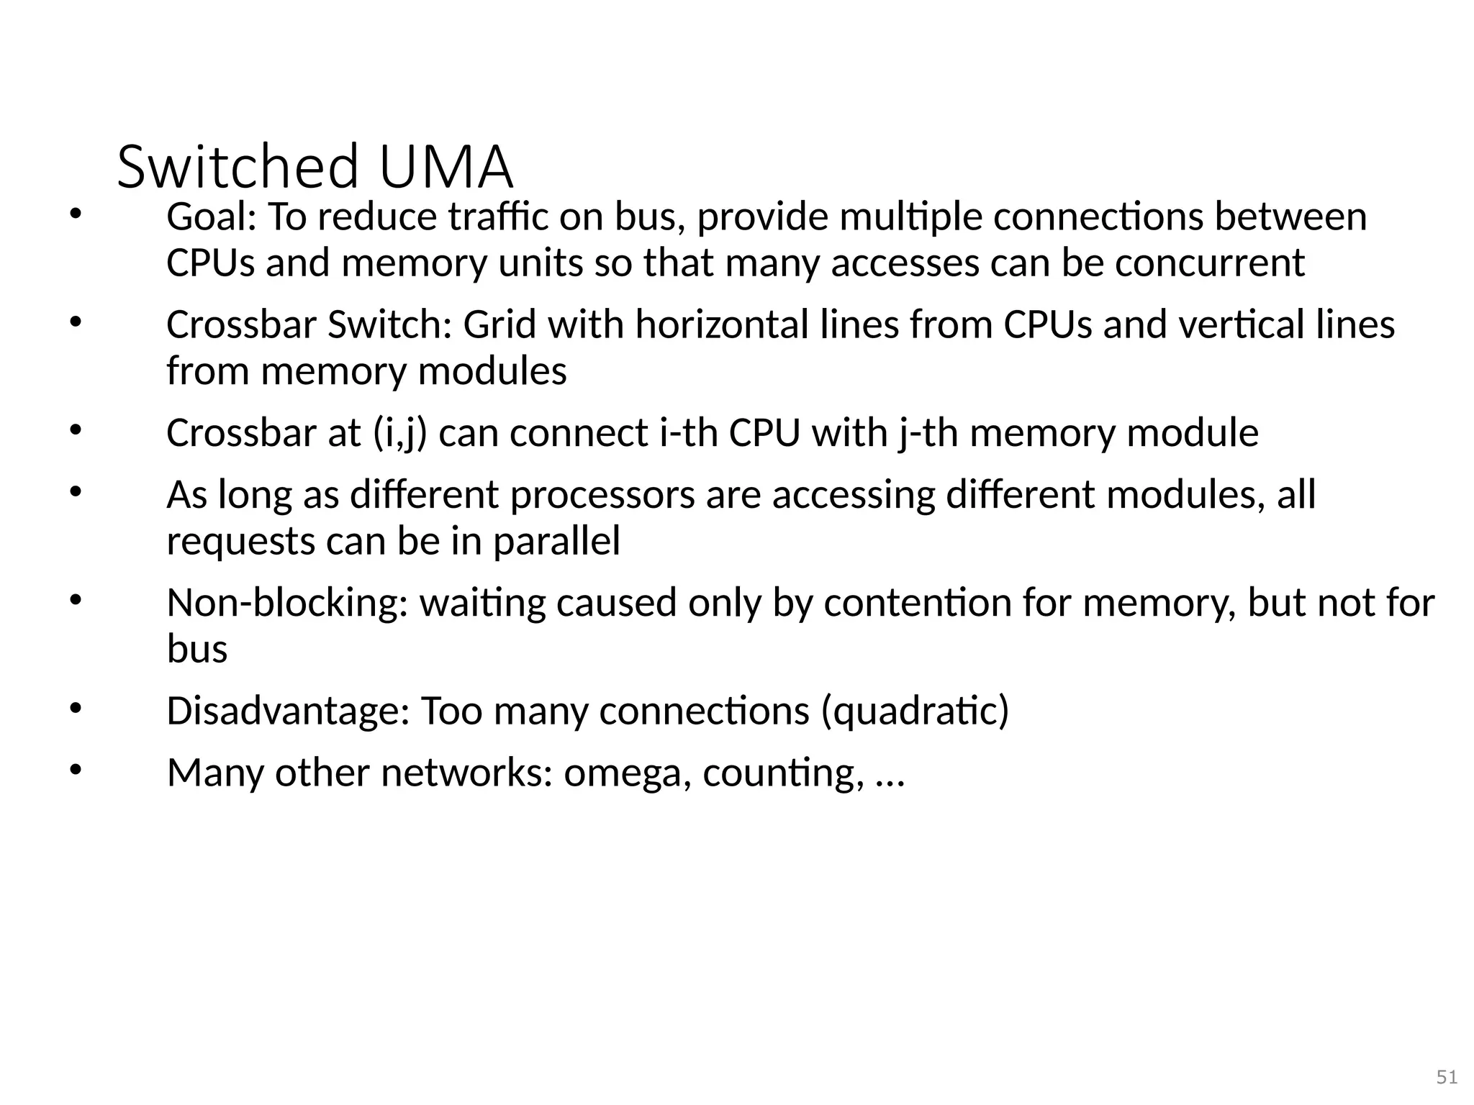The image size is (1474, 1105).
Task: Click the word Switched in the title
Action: point(238,167)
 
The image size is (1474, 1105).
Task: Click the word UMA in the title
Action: point(445,167)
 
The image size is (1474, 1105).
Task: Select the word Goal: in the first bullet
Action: point(212,217)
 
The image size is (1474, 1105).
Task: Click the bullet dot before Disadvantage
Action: point(76,708)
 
